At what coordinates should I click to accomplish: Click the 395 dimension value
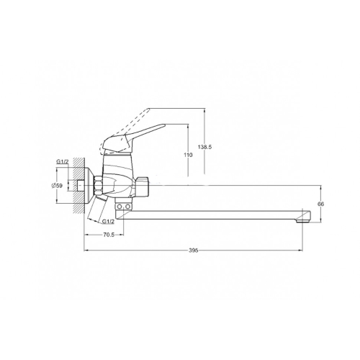pyautogui.click(x=193, y=251)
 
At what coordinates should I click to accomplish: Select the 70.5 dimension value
pyautogui.click(x=109, y=235)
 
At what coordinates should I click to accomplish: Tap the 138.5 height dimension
pyautogui.click(x=204, y=147)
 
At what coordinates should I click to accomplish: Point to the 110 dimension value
pyautogui.click(x=189, y=155)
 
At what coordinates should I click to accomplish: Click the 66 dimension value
pyautogui.click(x=320, y=204)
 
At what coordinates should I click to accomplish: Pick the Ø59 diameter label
pyautogui.click(x=57, y=186)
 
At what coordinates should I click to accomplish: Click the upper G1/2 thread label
pyautogui.click(x=63, y=162)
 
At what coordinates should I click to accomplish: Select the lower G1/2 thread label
pyautogui.click(x=108, y=222)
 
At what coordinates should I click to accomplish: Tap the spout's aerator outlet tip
pyautogui.click(x=302, y=221)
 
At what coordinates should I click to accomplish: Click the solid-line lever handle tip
pyautogui.click(x=165, y=125)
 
